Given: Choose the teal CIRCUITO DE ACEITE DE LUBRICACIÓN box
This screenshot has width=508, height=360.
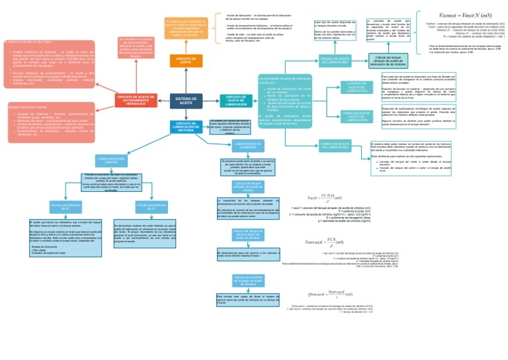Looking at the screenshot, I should click(x=236, y=100).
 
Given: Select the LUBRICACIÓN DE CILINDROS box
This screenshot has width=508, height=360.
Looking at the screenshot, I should click(x=243, y=145).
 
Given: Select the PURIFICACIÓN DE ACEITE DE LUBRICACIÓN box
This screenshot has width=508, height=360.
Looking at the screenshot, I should click(x=357, y=117).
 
